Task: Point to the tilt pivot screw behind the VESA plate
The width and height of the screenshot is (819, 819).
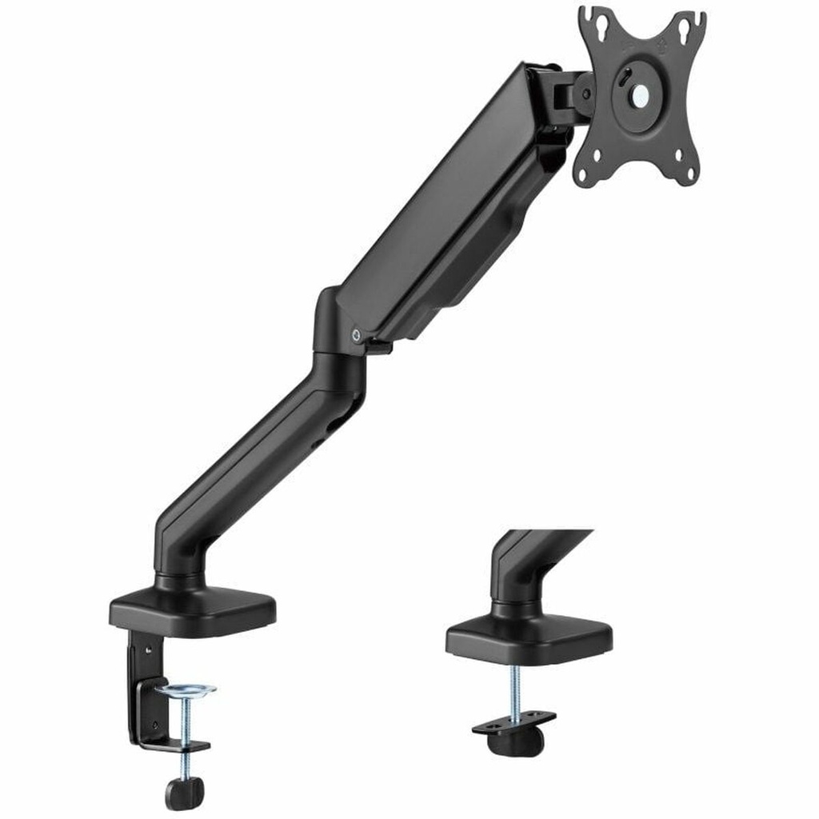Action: tap(586, 93)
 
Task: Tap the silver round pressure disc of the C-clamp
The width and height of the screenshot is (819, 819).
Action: tap(185, 689)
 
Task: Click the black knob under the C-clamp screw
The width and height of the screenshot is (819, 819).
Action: tap(184, 792)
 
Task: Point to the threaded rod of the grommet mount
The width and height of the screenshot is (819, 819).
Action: tap(514, 687)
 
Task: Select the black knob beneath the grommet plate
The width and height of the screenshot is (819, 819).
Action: tap(515, 742)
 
